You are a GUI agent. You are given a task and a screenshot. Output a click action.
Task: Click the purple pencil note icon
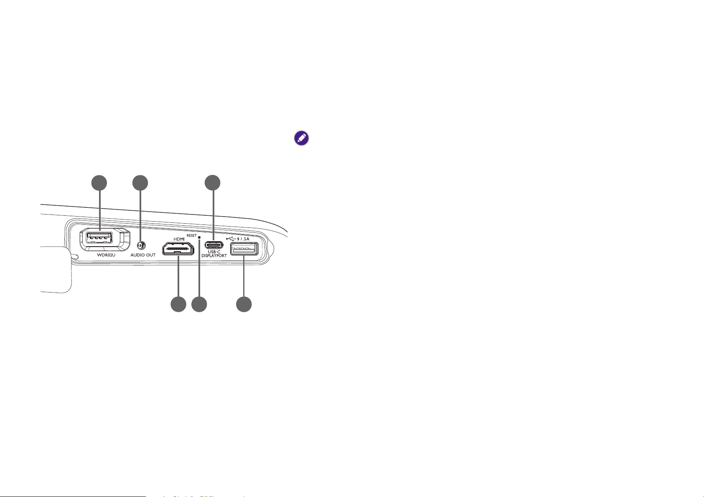tap(301, 138)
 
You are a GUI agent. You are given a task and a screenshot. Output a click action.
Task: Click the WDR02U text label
tap(106, 255)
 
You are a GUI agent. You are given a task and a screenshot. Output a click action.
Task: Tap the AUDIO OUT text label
tap(143, 255)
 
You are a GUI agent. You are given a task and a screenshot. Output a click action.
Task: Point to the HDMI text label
tap(179, 239)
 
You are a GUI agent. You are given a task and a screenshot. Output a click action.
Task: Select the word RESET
tap(191, 235)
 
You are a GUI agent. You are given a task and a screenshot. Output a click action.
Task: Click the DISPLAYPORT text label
tap(214, 256)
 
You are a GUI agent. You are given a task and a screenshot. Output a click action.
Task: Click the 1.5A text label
tap(245, 239)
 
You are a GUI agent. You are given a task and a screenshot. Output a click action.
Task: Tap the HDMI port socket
tap(178, 249)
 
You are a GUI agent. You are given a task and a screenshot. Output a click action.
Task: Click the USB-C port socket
tap(214, 245)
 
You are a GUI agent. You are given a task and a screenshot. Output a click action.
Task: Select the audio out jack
tap(142, 245)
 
